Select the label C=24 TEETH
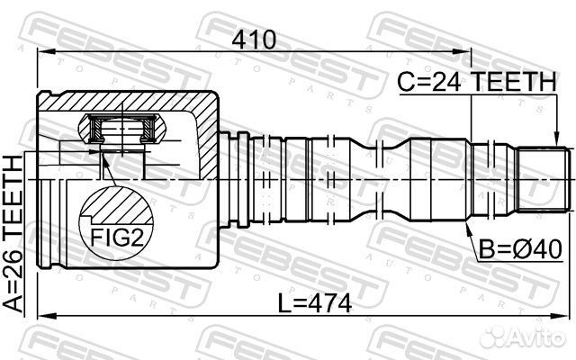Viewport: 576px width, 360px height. (476, 82)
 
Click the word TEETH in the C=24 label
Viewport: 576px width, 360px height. (513, 82)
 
